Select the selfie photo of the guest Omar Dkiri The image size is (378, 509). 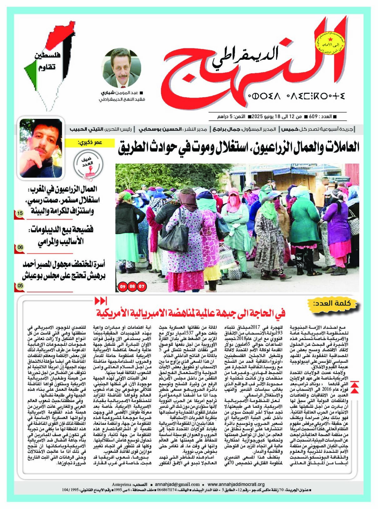[41, 148]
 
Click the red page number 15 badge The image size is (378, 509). [20, 214]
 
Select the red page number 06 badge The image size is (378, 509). [20, 247]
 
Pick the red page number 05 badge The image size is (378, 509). [20, 285]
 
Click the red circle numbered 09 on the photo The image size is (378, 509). [123, 286]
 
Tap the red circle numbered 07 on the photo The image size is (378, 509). [142, 286]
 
